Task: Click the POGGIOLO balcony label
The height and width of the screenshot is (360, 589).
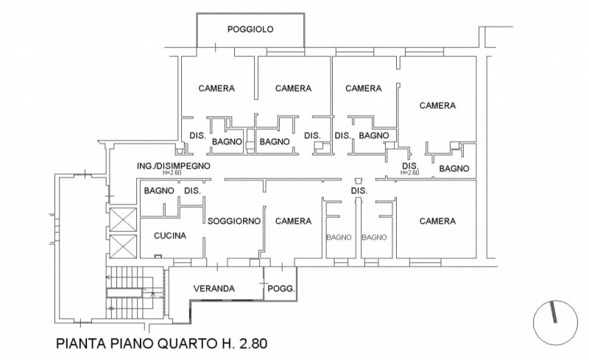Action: (x=250, y=29)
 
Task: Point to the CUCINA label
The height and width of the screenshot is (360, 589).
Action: (x=169, y=236)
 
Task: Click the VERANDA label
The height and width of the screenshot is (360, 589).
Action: (x=214, y=289)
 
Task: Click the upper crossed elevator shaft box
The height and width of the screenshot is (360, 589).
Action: (x=121, y=218)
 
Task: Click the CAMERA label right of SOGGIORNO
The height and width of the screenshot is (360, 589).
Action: (x=293, y=221)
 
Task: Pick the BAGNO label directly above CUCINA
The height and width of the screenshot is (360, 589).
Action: (x=159, y=191)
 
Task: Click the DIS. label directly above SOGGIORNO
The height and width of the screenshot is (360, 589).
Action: (x=192, y=191)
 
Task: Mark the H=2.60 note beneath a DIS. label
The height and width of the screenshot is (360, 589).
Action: (x=409, y=173)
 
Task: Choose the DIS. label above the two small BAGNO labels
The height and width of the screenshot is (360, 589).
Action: (x=359, y=191)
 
